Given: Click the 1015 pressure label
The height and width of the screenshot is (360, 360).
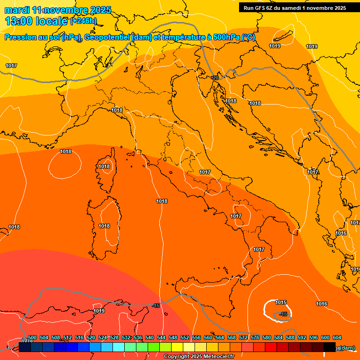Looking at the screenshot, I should pyautogui.click(x=281, y=302).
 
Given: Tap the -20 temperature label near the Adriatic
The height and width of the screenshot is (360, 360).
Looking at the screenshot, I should pyautogui.click(x=215, y=78).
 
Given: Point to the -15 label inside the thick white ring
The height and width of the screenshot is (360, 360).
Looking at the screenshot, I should pyautogui.click(x=283, y=314).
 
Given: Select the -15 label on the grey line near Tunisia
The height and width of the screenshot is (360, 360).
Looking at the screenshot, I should pyautogui.click(x=156, y=306).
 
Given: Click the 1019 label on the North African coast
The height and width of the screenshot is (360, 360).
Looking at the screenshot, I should pyautogui.click(x=99, y=311).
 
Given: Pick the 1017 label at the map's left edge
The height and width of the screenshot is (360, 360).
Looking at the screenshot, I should pyautogui.click(x=11, y=66).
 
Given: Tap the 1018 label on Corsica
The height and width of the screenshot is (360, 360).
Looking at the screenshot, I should pyautogui.click(x=104, y=166).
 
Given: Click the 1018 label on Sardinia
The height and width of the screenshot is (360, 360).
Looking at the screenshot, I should pyautogui.click(x=104, y=226).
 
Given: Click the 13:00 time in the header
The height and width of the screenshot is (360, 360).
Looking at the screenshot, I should pyautogui.click(x=19, y=21).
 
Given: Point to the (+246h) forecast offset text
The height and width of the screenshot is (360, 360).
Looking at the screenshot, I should pyautogui.click(x=83, y=21).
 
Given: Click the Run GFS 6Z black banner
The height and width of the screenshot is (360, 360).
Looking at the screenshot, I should pyautogui.click(x=294, y=7).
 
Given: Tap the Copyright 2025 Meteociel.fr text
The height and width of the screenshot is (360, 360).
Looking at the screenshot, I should pyautogui.click(x=199, y=357).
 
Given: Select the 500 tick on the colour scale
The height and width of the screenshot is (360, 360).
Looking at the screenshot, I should pyautogui.click(x=32, y=337).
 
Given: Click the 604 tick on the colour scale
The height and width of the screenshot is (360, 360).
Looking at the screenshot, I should pyautogui.click(x=337, y=337).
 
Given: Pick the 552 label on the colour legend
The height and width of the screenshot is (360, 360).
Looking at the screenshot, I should pyautogui.click(x=185, y=337).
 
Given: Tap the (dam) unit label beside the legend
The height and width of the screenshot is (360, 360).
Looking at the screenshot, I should pyautogui.click(x=347, y=348).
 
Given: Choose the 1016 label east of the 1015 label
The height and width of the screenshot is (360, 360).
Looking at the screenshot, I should pyautogui.click(x=322, y=304).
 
